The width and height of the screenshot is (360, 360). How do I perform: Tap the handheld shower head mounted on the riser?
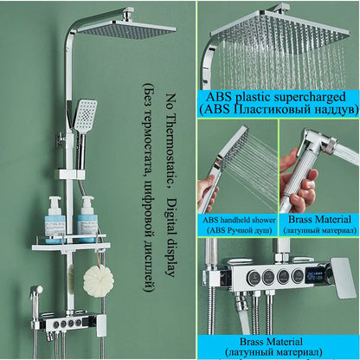click(x=85, y=115)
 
